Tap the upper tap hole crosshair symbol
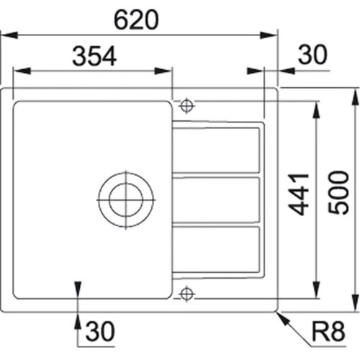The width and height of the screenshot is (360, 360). (186, 106)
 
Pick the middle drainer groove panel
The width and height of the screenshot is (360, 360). (215, 199)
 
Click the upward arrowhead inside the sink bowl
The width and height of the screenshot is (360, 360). (78, 287)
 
